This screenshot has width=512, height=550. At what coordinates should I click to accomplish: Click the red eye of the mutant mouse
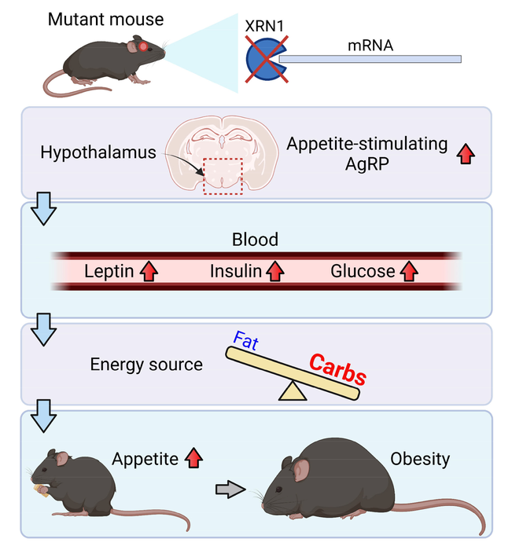(144, 46)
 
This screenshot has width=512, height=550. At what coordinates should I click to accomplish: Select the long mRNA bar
(370, 59)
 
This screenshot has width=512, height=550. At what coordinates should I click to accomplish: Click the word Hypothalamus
(98, 152)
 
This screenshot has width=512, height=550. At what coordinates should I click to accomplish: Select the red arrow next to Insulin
(274, 272)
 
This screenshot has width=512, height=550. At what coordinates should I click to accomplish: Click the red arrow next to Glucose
(408, 272)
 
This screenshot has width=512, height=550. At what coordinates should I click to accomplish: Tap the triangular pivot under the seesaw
(293, 391)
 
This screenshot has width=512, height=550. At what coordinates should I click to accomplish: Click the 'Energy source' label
(146, 364)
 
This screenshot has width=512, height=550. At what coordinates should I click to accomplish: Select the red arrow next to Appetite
(193, 458)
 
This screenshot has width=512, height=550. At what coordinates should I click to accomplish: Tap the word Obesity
(420, 458)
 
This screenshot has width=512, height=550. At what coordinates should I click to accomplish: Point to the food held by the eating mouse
(39, 490)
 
